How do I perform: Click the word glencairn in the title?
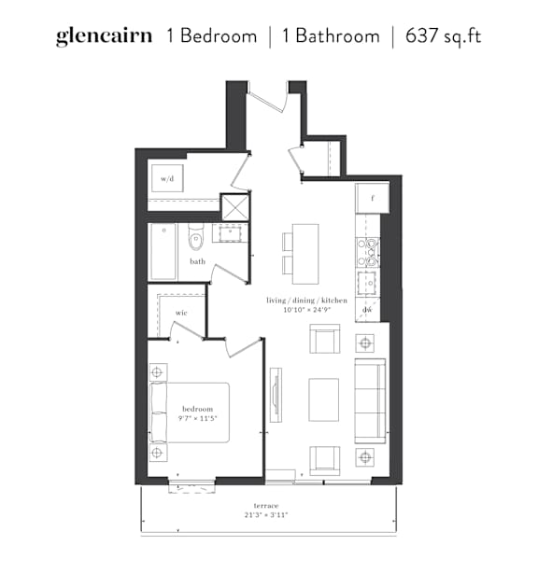point(104,36)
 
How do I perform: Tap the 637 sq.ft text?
point(443,35)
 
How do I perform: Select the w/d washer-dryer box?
point(167,178)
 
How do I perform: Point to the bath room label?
point(197,261)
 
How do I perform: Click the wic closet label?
point(181,313)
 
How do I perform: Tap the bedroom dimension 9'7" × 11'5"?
point(197,418)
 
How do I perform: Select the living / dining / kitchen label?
point(306,300)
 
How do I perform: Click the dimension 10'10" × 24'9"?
point(307,310)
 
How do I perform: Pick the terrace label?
point(266,506)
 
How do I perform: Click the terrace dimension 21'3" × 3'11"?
point(266,515)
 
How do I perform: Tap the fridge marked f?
point(373,199)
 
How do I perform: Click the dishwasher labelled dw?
point(367,310)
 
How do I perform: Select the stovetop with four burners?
point(368,252)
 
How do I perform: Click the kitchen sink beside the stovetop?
point(368,283)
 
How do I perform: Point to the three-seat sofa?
point(370,401)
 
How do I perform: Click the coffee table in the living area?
point(324,399)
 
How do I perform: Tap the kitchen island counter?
point(305,254)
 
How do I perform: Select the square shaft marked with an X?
point(235,207)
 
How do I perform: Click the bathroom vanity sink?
point(230,233)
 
